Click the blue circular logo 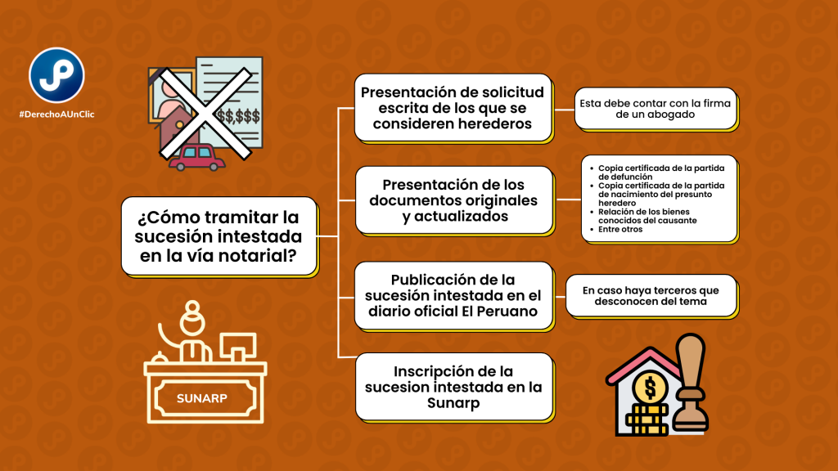[57, 75]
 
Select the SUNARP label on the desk [204, 399]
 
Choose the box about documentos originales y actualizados [453, 200]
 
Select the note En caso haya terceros [651, 295]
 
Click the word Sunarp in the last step [454, 403]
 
